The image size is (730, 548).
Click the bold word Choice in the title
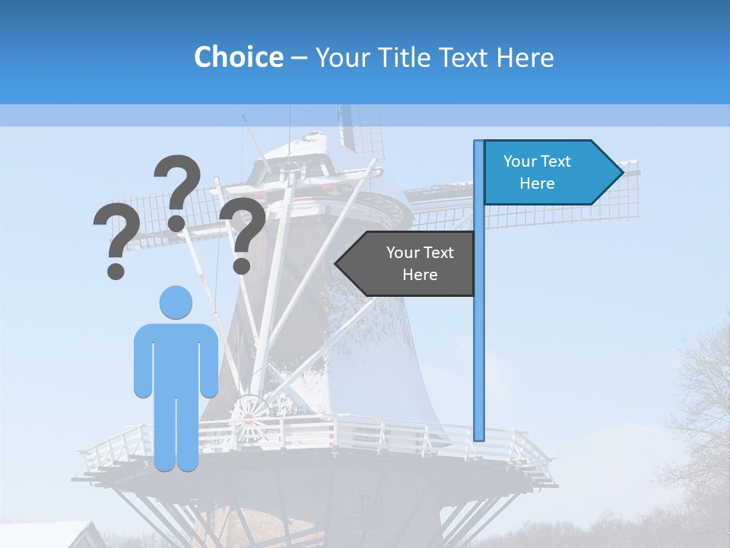238,57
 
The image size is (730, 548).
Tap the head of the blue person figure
176,303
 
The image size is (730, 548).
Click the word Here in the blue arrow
537,183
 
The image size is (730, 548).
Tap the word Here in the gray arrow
420,275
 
